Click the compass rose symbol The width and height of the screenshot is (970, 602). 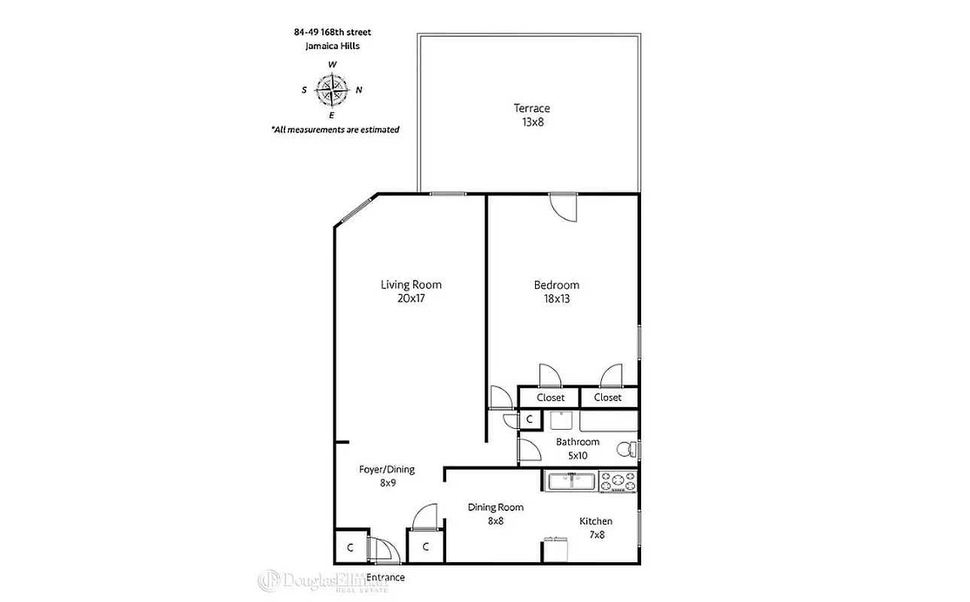pos(332,90)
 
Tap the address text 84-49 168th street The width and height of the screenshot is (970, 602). pos(332,32)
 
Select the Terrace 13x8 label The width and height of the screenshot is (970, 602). pos(532,115)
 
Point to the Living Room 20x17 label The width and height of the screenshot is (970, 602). pos(411,291)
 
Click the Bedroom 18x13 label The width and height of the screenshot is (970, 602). pos(556,291)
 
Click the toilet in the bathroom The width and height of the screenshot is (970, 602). pos(625,450)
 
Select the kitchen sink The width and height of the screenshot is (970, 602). pos(571,481)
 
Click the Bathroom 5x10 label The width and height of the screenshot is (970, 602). pos(577,448)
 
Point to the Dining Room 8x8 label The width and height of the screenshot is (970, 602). pos(495,514)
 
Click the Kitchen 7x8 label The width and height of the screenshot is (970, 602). pos(596,528)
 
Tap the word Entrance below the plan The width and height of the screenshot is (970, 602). pos(385,577)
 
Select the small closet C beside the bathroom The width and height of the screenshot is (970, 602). pos(529,419)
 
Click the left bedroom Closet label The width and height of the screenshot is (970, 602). pos(550,397)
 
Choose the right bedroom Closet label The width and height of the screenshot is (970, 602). pos(607,397)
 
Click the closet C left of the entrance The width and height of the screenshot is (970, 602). pos(350,548)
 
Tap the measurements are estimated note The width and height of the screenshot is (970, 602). pos(335,129)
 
